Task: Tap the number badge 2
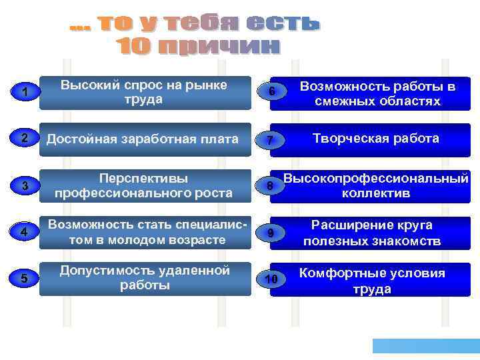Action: click(24, 139)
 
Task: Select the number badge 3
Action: click(25, 186)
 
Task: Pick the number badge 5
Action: click(24, 279)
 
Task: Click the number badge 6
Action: click(271, 91)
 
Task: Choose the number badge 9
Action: click(270, 233)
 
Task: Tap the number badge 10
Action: click(271, 279)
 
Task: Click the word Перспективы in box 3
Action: click(143, 179)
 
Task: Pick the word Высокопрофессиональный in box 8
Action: click(375, 179)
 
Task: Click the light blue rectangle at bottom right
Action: click(426, 345)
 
